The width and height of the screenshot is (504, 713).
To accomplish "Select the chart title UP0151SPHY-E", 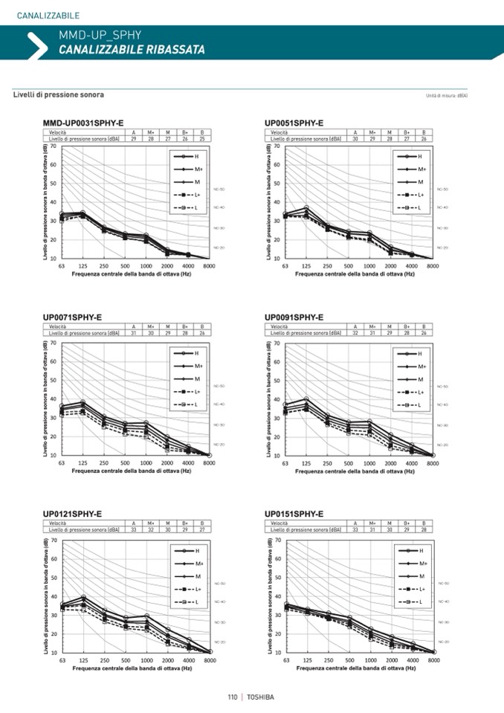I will click(x=294, y=514).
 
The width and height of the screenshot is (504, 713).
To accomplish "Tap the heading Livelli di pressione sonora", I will click(x=59, y=95).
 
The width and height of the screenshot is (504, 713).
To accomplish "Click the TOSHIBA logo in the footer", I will click(x=260, y=697).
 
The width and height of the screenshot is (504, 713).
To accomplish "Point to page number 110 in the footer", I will click(x=233, y=697).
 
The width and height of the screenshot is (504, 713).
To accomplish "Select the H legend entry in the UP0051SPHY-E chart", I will click(x=419, y=157).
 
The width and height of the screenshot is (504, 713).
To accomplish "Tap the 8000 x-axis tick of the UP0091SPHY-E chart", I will click(x=433, y=462).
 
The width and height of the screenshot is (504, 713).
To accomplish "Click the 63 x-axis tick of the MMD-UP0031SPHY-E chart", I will click(x=62, y=265).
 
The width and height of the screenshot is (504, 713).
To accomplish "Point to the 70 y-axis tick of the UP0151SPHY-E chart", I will click(x=278, y=540).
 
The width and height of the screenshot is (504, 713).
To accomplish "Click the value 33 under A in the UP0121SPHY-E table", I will click(x=134, y=530).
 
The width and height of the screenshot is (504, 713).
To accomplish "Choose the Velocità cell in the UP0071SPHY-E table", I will click(x=59, y=326).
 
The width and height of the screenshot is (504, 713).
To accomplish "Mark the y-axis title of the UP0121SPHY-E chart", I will click(x=45, y=596).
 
